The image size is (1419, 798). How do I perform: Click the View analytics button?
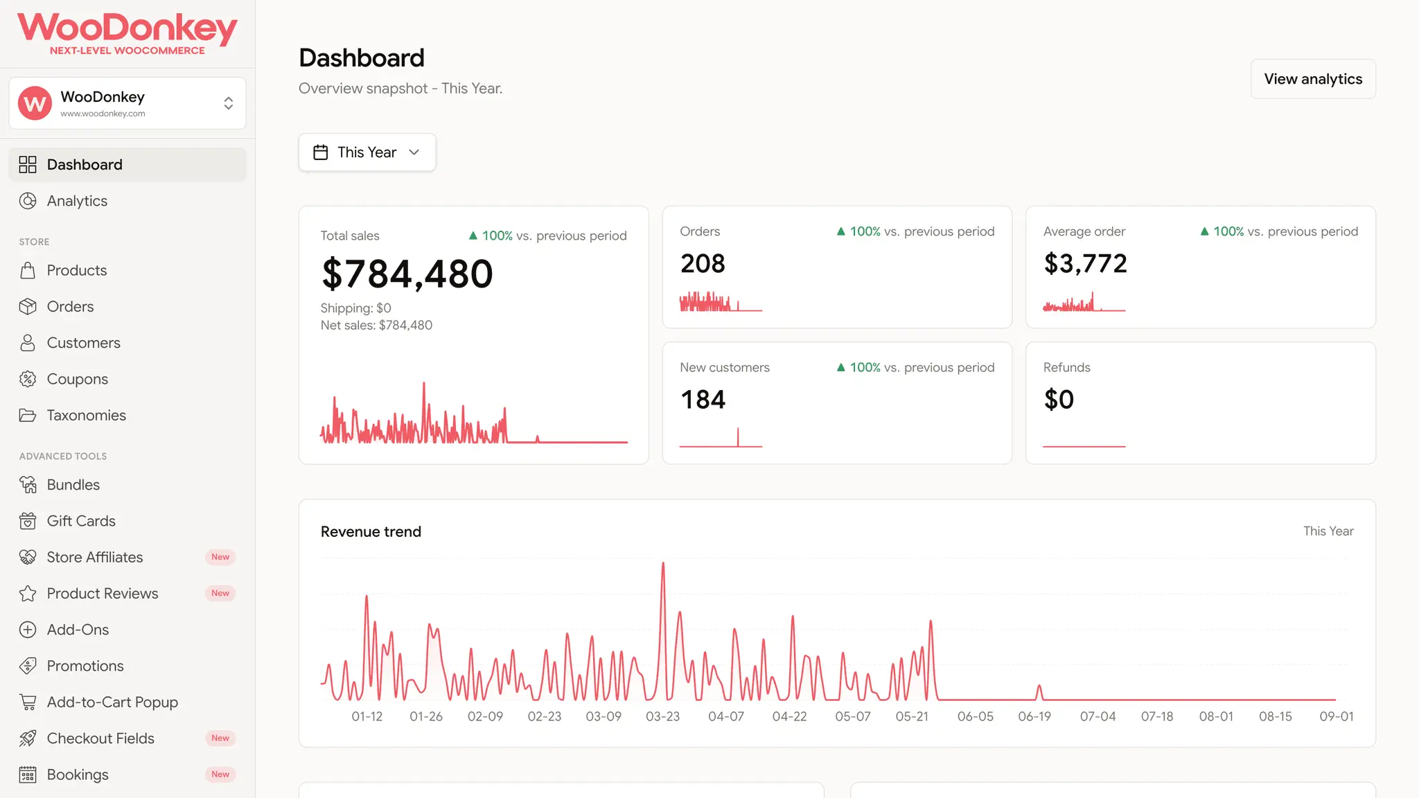pyautogui.click(x=1313, y=79)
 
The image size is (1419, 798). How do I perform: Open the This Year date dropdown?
pyautogui.click(x=367, y=152)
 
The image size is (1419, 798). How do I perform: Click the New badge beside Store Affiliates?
pyautogui.click(x=220, y=557)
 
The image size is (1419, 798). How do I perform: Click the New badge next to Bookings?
pyautogui.click(x=220, y=774)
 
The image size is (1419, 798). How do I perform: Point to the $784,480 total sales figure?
pyautogui.click(x=407, y=274)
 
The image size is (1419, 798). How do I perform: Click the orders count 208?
pyautogui.click(x=703, y=263)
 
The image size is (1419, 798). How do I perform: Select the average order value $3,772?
pyautogui.click(x=1085, y=263)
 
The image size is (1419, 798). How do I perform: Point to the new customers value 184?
pyautogui.click(x=703, y=400)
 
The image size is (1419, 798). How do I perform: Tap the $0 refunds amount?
pyautogui.click(x=1059, y=400)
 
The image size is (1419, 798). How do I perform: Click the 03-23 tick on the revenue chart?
pyautogui.click(x=662, y=716)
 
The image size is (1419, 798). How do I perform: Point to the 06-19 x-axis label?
pyautogui.click(x=1034, y=716)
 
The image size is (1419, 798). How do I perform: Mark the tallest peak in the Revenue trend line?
pyautogui.click(x=663, y=562)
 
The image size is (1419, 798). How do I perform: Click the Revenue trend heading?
pyautogui.click(x=371, y=531)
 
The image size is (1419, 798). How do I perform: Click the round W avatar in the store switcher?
pyautogui.click(x=35, y=103)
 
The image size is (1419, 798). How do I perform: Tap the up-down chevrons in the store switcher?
pyautogui.click(x=229, y=103)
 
